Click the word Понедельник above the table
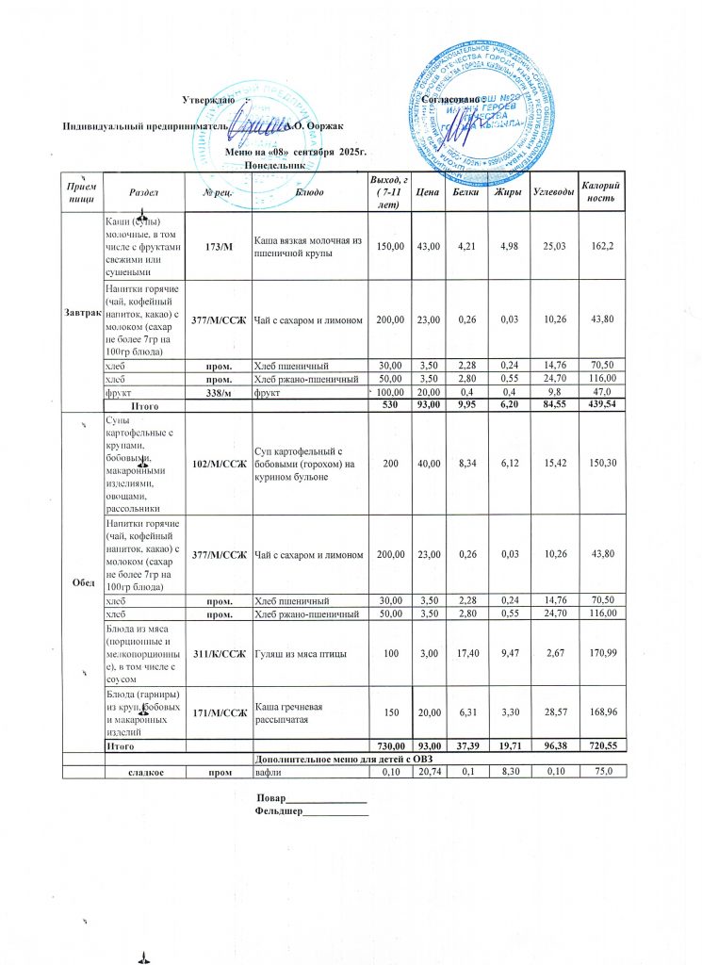point(275,165)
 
